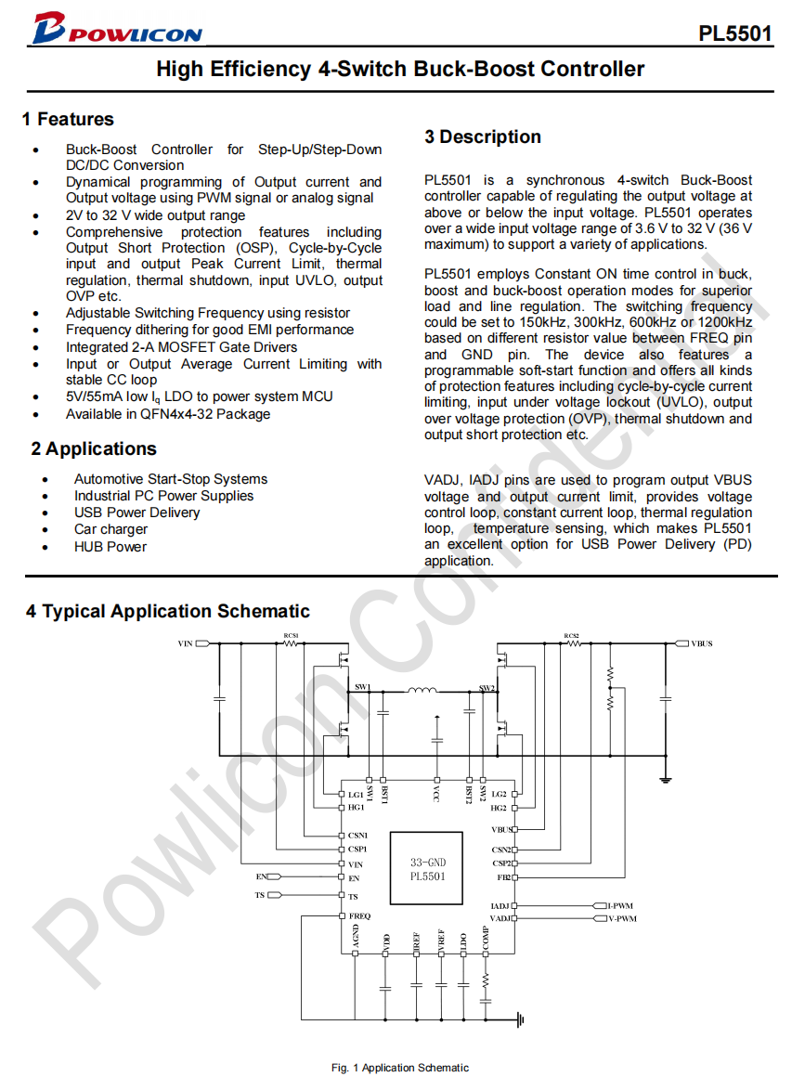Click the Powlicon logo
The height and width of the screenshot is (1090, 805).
point(115,30)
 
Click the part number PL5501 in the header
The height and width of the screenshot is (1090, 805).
point(735,34)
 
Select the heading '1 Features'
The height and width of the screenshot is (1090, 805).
point(68,119)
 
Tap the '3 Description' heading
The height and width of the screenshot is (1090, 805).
point(483,136)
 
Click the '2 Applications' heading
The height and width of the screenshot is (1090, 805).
point(94,448)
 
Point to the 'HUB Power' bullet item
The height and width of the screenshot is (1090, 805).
point(110,547)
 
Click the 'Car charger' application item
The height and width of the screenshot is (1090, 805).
point(110,529)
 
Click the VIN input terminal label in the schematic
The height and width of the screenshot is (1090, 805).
point(185,642)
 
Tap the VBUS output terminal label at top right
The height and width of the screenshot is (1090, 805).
point(702,642)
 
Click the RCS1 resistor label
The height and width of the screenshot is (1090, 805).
point(292,635)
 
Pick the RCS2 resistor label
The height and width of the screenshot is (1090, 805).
point(572,635)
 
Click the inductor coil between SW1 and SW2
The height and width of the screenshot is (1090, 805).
point(422,690)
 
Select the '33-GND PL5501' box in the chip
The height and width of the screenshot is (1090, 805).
point(427,869)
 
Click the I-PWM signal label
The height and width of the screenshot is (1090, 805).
point(620,905)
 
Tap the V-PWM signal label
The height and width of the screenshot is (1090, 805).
point(622,918)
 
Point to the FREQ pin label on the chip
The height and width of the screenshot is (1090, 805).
point(359,915)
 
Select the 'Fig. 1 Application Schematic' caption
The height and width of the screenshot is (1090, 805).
point(400,1068)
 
